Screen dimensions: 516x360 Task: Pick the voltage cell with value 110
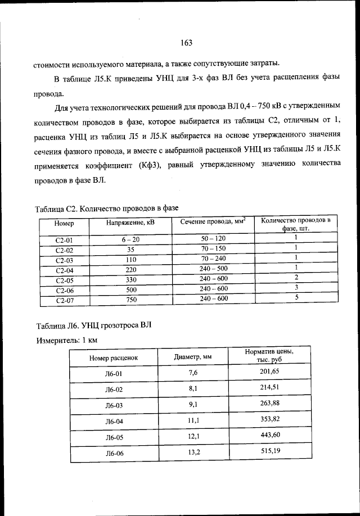(x=130, y=259)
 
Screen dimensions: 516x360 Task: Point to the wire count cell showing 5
(x=296, y=297)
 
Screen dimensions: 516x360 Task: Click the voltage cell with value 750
(x=130, y=300)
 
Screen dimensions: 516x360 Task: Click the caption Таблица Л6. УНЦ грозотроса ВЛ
(x=94, y=325)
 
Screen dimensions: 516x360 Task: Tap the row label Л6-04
(x=114, y=420)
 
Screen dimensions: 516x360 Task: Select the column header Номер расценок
(x=114, y=357)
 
